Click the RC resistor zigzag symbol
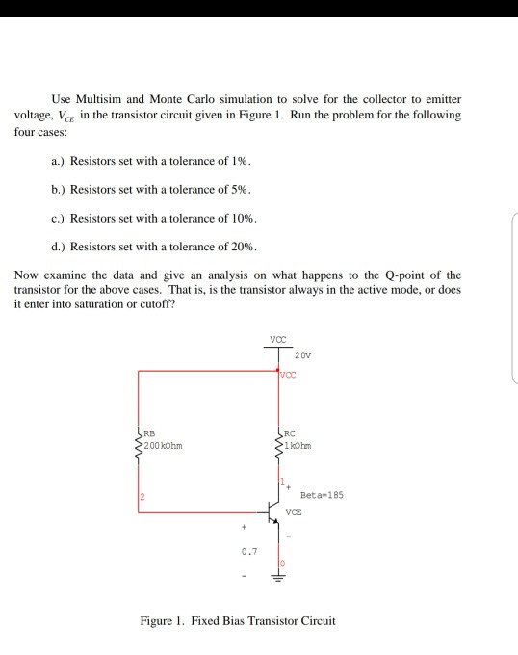(279, 443)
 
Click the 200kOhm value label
(165, 446)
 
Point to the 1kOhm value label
(303, 446)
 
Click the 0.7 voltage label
(248, 552)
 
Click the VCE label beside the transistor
(298, 514)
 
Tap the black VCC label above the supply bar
(279, 338)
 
